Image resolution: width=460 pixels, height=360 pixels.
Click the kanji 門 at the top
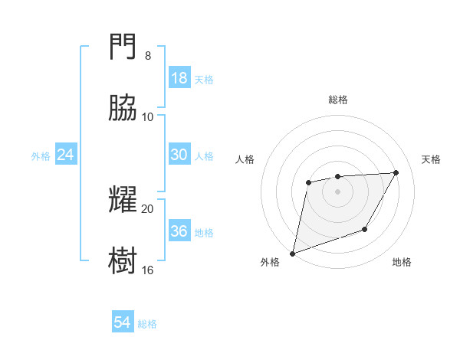(x=123, y=49)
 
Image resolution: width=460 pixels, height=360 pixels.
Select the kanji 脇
(x=123, y=109)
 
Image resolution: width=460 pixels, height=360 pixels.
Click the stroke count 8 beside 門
(x=148, y=56)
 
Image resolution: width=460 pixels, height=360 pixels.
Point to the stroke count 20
(x=148, y=208)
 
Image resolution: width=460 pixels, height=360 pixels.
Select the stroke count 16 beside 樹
(x=148, y=270)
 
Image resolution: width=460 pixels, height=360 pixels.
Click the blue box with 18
(x=179, y=78)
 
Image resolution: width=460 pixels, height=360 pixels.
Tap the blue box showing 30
(x=179, y=155)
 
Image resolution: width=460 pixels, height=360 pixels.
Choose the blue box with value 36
(x=179, y=231)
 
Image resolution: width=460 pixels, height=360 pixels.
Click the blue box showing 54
(x=123, y=323)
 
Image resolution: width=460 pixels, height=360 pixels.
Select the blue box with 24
(x=66, y=155)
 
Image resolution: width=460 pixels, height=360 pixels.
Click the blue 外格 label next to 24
(x=41, y=156)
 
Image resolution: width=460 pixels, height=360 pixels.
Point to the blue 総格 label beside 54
(x=147, y=324)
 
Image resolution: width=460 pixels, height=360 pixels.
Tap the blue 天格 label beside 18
(x=204, y=80)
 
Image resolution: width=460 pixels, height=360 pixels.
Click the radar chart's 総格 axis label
(x=338, y=100)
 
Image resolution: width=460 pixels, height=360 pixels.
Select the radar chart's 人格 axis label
(x=245, y=159)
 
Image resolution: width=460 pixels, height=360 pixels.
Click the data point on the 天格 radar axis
(x=396, y=172)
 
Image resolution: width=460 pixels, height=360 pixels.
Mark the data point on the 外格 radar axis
(x=292, y=254)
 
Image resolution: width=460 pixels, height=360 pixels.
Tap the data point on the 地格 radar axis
(x=365, y=229)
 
